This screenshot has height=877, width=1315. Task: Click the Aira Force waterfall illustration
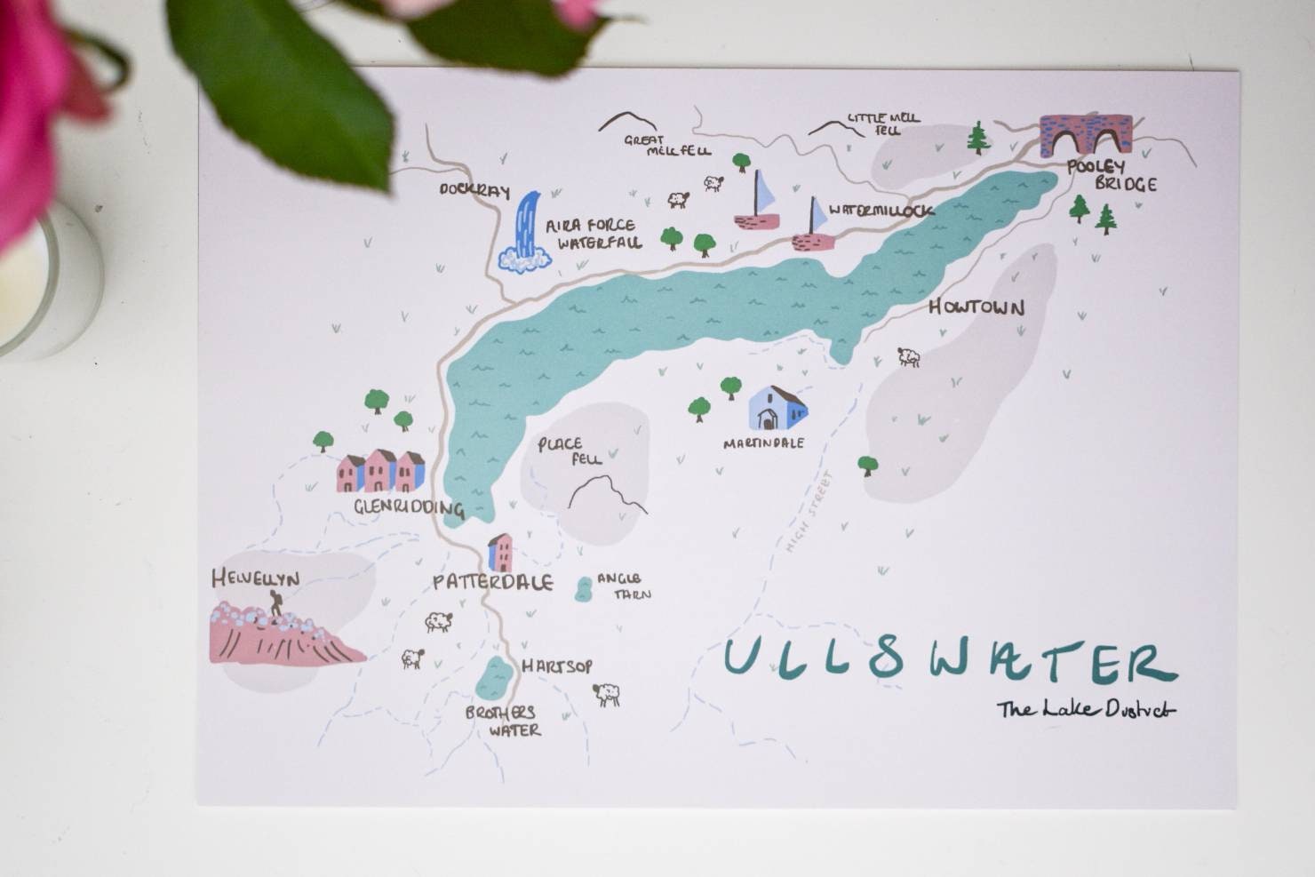tap(527, 233)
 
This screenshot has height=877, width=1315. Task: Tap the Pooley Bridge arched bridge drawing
tap(1087, 135)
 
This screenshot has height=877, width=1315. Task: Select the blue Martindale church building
tap(777, 409)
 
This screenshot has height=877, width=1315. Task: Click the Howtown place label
tap(976, 307)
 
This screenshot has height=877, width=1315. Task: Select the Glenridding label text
tap(409, 509)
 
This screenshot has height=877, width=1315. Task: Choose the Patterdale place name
tap(492, 583)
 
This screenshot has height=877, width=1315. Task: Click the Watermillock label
tap(881, 211)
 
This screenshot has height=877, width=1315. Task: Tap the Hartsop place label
tap(557, 666)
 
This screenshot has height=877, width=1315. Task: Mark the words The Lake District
tap(1086, 709)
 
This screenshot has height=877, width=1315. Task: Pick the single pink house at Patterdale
tap(500, 553)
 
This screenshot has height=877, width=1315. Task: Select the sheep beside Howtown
tap(908, 357)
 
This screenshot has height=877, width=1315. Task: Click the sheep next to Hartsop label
tap(607, 694)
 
